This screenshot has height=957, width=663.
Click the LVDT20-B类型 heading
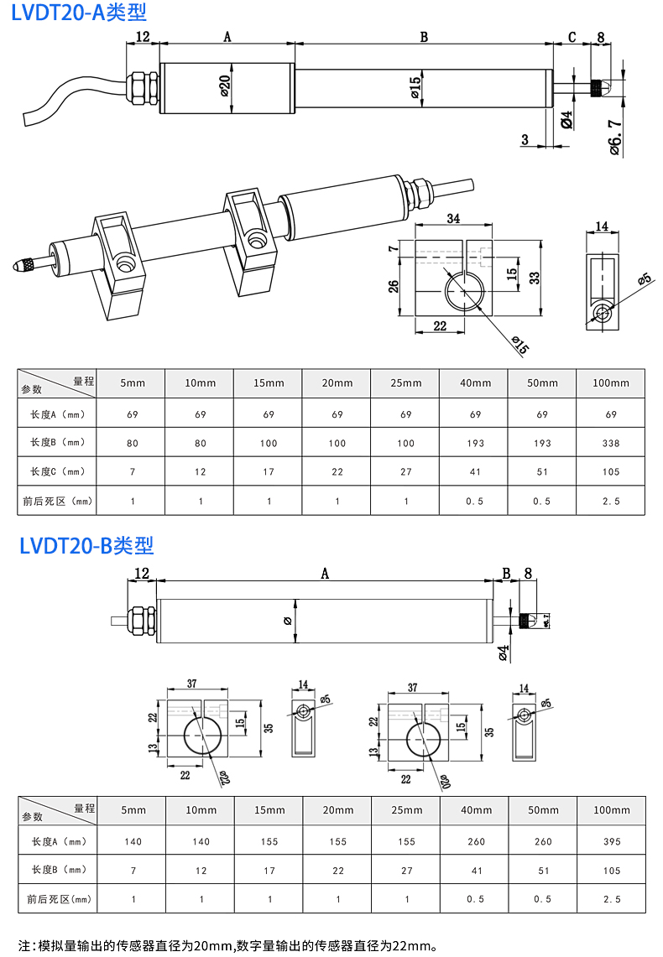click(x=86, y=546)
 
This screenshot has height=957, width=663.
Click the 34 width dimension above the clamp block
click(x=453, y=219)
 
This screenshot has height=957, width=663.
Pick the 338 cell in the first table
click(x=611, y=443)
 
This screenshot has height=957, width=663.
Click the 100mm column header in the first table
click(x=611, y=383)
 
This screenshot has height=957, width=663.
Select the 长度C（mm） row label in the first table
click(x=58, y=471)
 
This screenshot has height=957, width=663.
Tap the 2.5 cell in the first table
click(x=611, y=501)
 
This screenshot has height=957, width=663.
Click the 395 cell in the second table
click(x=611, y=841)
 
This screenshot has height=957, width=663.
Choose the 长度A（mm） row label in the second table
click(x=58, y=841)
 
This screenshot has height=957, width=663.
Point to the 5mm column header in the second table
click(x=133, y=810)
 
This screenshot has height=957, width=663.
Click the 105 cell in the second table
click(x=611, y=870)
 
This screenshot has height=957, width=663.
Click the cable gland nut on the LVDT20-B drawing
click(x=141, y=621)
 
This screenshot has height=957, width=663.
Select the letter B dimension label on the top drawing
click(x=424, y=37)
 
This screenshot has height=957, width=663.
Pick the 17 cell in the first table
click(x=269, y=471)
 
